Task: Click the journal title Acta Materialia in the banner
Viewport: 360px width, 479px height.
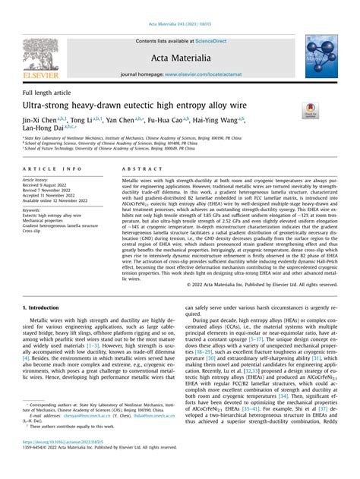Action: click(x=180, y=56)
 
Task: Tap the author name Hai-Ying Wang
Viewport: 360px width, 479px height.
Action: click(x=218, y=120)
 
